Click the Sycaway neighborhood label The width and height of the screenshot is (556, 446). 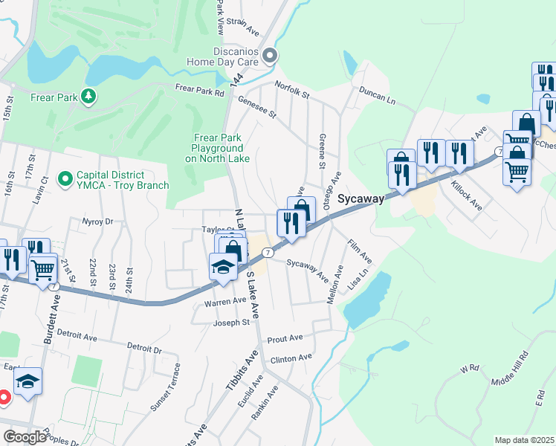361,198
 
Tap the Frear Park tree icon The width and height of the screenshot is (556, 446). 88,97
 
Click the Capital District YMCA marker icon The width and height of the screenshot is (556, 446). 65,179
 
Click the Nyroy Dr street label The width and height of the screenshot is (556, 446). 98,222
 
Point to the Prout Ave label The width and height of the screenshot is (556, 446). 285,338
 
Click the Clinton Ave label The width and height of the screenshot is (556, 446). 291,358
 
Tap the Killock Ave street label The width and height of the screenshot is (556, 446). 466,194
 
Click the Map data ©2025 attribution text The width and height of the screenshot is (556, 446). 524,440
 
